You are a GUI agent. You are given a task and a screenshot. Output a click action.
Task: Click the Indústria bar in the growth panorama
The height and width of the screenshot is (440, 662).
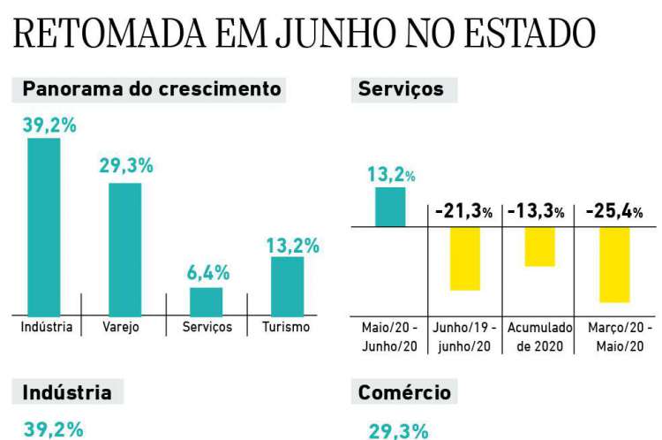coord(44,226)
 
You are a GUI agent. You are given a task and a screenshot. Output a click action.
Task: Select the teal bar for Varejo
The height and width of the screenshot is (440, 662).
coord(124,248)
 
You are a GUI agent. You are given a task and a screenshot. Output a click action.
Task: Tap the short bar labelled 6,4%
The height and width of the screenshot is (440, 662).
coord(206,300)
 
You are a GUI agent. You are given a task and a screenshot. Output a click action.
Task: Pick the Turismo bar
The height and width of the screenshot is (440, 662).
coord(287,284)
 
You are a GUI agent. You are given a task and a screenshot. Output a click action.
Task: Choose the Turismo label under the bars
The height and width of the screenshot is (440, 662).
coord(286,327)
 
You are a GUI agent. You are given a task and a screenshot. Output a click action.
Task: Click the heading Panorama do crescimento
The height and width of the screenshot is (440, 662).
coord(151,89)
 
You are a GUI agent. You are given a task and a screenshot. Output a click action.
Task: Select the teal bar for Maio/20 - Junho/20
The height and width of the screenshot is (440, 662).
coord(390,207)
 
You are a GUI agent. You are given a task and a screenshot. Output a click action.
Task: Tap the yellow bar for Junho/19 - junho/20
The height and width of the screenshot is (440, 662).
coord(464,258)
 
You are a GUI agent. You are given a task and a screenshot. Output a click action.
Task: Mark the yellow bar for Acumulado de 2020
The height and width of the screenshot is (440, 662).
coord(539,247)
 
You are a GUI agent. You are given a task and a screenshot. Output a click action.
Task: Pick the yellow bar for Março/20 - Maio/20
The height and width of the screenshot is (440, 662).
coord(613,264)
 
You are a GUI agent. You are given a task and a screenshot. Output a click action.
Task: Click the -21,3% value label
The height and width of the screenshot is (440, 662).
coord(463,212)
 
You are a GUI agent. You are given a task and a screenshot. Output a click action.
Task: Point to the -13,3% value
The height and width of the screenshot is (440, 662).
coord(537,212)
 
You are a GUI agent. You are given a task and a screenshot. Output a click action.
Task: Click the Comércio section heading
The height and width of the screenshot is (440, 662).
coord(405,392)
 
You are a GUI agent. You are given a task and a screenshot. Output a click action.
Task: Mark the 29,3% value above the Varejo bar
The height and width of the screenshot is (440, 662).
coord(126,165)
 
